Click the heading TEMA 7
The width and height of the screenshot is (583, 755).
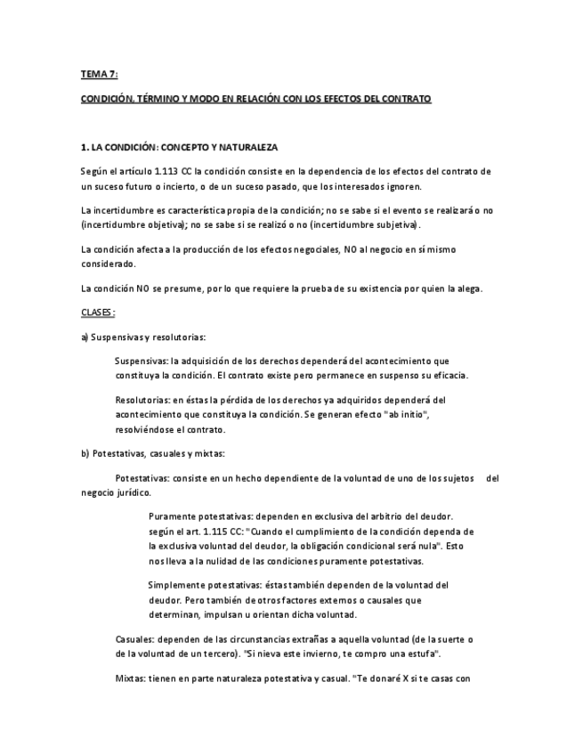[x=99, y=75]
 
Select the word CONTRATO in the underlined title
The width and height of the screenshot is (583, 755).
[x=405, y=99]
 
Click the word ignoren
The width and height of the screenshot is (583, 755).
[x=402, y=186]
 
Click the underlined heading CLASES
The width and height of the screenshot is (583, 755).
[x=98, y=313]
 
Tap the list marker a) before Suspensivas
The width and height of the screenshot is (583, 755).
[x=85, y=337]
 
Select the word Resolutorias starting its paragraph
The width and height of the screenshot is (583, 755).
[x=142, y=400]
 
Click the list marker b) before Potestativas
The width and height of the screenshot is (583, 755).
[x=85, y=453]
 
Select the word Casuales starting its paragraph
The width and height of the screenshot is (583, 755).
[x=134, y=638]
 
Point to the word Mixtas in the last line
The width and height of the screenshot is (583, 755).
[x=131, y=678]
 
